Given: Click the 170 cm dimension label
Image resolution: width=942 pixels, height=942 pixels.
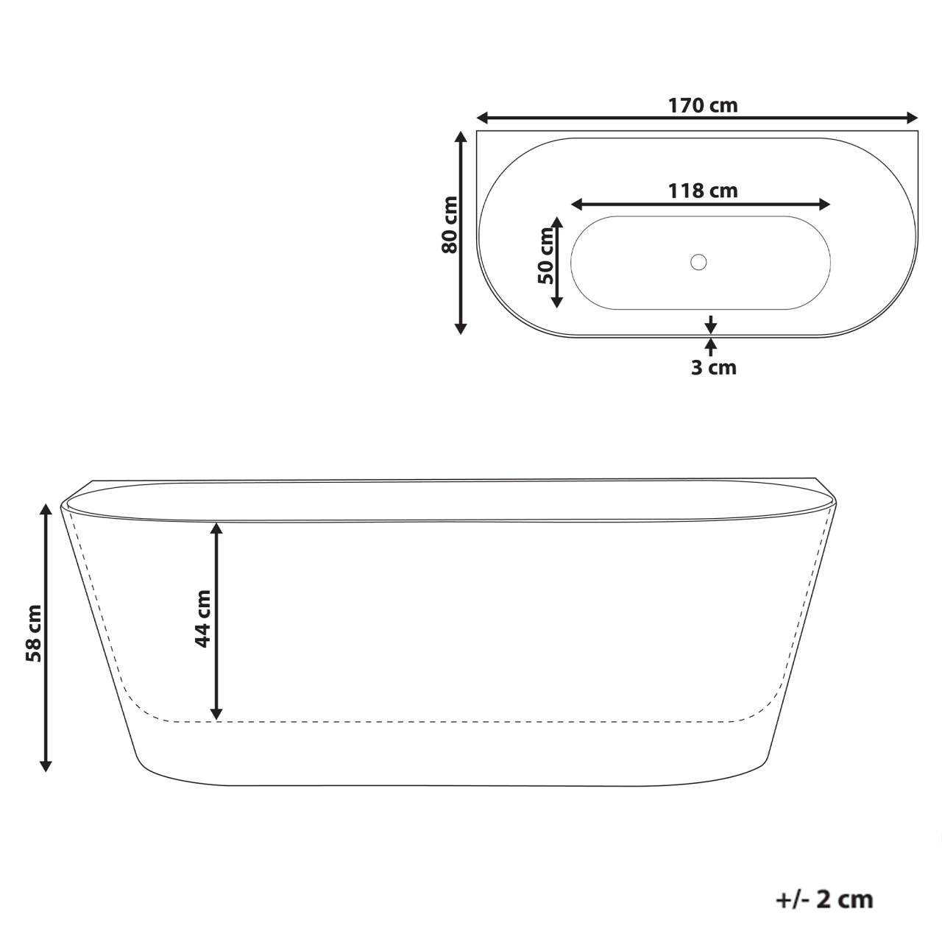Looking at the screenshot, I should (x=702, y=105).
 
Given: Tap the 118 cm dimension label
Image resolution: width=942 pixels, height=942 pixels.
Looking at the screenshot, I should (x=702, y=191).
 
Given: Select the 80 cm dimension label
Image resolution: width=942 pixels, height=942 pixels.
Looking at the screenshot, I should (x=450, y=224).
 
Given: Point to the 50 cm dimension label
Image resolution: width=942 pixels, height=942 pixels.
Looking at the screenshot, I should (x=545, y=256).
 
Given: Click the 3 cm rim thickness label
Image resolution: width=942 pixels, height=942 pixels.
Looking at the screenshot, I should (x=713, y=367).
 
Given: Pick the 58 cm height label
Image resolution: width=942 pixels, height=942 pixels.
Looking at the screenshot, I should (x=33, y=633).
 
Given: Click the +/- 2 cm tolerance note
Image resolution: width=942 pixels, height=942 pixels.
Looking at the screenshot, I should (x=824, y=899).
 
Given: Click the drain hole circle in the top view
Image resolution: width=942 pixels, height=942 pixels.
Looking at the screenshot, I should (x=698, y=261).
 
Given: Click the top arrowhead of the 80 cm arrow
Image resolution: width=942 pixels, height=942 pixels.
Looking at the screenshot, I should (x=461, y=137).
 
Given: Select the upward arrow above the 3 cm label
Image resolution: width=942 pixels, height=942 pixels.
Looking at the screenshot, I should (x=710, y=344).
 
